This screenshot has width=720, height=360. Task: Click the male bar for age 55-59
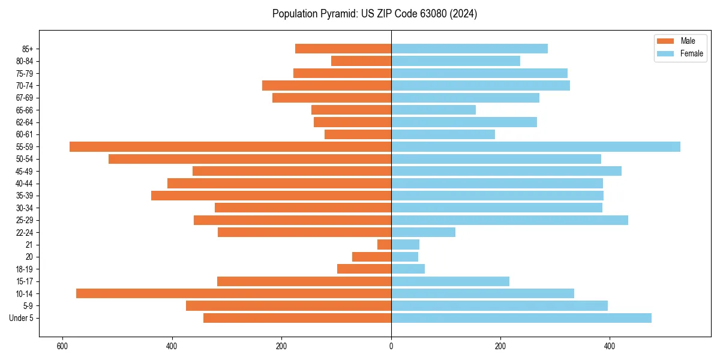230,147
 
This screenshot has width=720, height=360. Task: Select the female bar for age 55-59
536,147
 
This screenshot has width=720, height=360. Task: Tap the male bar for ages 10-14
233,293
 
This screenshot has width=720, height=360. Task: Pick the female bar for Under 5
521,318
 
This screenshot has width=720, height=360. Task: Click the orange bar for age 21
384,245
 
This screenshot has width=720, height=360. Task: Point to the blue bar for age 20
404,257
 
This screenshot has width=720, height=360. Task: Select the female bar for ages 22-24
423,232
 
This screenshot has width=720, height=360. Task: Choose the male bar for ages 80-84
361,61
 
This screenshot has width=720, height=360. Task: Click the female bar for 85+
469,49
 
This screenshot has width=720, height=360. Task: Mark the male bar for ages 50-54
250,159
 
